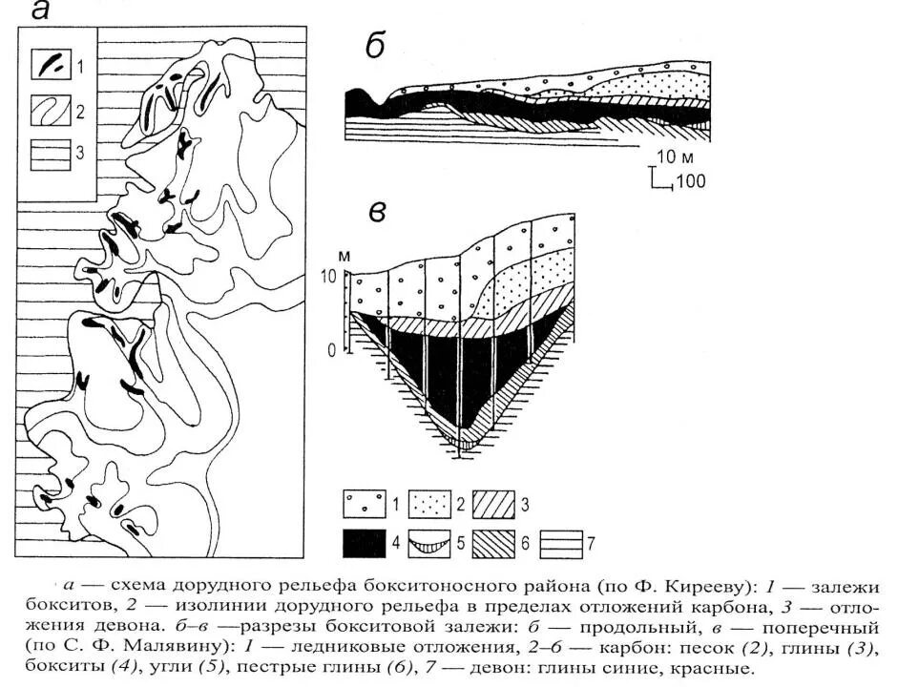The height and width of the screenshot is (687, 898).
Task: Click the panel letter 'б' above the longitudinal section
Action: point(375,46)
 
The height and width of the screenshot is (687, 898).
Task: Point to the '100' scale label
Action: point(690,180)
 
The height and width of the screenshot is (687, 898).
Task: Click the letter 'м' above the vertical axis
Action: point(345,256)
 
